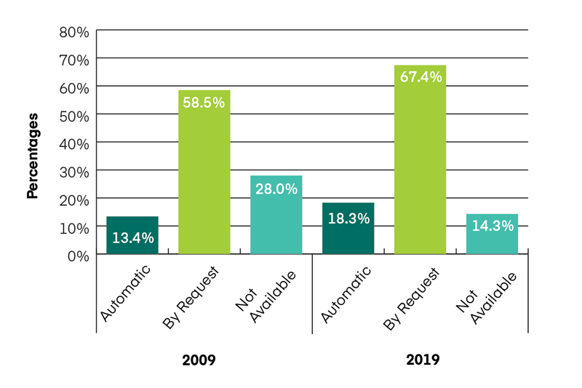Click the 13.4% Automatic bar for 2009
pyautogui.click(x=132, y=235)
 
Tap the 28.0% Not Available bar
pyautogui.click(x=276, y=215)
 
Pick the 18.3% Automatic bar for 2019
pyautogui.click(x=348, y=229)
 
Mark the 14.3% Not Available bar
pyautogui.click(x=492, y=234)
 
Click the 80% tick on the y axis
pyautogui.click(x=73, y=32)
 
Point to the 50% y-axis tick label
pyautogui.click(x=73, y=116)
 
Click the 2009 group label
pyautogui.click(x=199, y=360)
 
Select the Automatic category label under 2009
pyautogui.click(x=126, y=294)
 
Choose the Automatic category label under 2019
pyautogui.click(x=346, y=294)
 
